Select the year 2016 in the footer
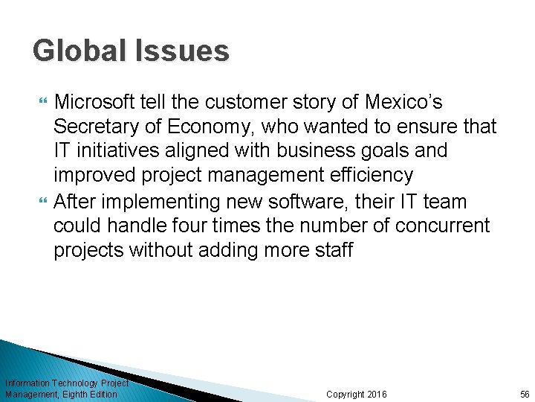tap(377, 394)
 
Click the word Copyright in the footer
tap(346, 394)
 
